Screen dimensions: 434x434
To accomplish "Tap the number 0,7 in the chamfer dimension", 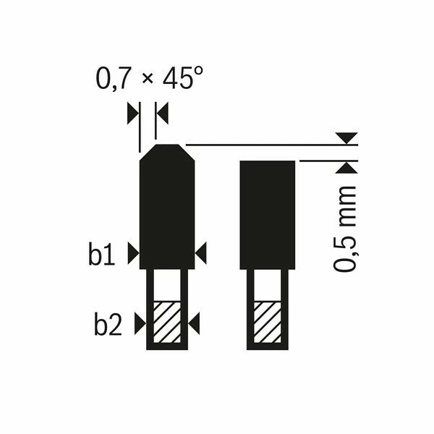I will point(113,79).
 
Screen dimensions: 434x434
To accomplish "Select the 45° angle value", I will point(177,79).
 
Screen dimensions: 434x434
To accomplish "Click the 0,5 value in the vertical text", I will point(345,254).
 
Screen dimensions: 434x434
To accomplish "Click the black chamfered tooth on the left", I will point(166,210).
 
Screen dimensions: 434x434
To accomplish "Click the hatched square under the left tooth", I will point(167,322).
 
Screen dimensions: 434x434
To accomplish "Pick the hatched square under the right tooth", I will point(268,322).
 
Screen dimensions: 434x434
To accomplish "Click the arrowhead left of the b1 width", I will point(133,252).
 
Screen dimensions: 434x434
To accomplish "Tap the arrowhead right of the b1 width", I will point(201,252).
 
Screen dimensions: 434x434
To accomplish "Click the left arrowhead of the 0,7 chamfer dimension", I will point(132,112).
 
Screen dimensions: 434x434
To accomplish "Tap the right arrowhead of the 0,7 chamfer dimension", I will point(161,112).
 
